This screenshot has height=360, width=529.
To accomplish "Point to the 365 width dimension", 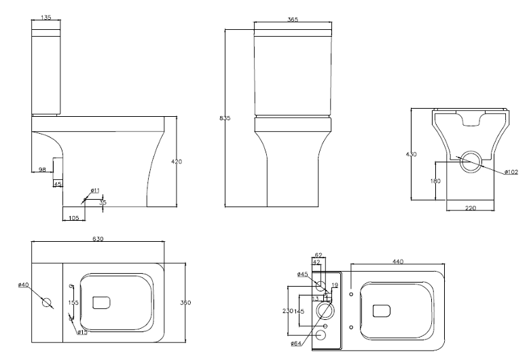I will click(293, 20).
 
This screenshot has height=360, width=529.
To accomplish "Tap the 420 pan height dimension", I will click(177, 162).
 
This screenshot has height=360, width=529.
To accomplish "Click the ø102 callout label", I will click(511, 172).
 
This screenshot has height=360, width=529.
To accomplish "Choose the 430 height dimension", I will click(411, 155).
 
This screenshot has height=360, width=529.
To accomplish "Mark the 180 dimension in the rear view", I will click(435, 181).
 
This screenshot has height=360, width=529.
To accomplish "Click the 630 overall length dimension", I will click(99, 239).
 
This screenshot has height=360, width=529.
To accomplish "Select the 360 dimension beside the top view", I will click(185, 302).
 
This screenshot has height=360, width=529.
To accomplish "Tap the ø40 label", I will click(24, 285).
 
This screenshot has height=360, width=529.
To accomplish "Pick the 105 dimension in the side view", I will click(73, 217).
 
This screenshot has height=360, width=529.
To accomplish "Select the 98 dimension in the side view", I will click(42, 170).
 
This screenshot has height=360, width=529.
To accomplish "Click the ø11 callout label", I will click(95, 190).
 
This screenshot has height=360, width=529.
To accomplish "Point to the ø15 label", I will click(81, 332).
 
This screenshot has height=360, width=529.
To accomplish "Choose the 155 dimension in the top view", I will click(73, 302).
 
